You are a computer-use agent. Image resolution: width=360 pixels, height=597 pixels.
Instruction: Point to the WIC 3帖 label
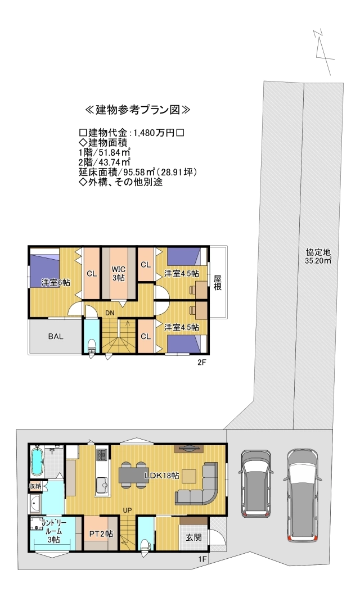[118, 273]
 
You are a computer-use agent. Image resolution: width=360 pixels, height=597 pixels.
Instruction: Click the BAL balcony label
[55, 337]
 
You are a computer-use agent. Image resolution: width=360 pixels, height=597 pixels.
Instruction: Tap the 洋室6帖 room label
[55, 282]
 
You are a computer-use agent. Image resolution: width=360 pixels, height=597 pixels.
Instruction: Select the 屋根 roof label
[217, 282]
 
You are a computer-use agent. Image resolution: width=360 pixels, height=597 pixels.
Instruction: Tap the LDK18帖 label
[161, 476]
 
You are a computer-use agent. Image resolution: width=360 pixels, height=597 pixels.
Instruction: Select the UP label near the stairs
[128, 510]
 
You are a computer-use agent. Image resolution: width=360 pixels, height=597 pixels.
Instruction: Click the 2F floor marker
[202, 363]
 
